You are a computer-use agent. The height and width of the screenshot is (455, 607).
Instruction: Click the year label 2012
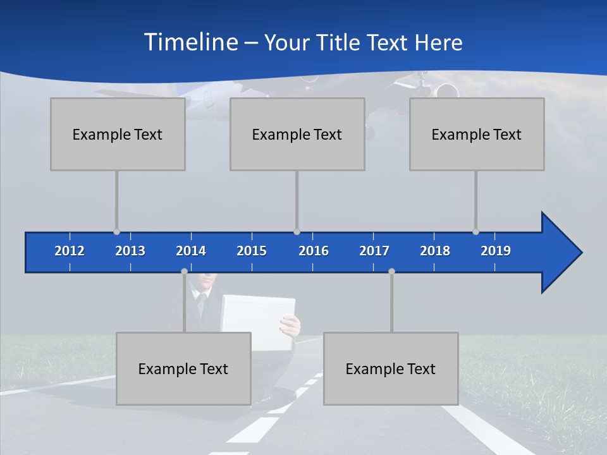click(70, 251)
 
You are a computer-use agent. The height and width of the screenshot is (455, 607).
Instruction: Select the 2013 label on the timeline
click(130, 251)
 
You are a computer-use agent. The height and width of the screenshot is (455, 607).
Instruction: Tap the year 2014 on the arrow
click(191, 251)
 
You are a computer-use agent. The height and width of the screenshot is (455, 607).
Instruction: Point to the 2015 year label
click(252, 251)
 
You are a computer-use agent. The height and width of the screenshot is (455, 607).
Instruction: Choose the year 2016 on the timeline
click(314, 251)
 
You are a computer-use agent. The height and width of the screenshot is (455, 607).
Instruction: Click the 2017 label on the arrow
click(374, 251)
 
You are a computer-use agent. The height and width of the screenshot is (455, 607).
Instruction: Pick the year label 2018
click(435, 251)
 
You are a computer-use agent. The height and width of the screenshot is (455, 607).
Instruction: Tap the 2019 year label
click(496, 251)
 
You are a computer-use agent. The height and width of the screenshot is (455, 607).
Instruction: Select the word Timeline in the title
click(190, 42)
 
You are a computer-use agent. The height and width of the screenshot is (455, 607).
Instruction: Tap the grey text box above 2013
click(118, 134)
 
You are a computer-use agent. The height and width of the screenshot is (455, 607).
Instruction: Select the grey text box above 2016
click(297, 134)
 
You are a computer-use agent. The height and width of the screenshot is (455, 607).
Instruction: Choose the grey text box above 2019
click(477, 134)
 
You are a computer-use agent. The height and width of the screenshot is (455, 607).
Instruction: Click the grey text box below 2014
click(183, 368)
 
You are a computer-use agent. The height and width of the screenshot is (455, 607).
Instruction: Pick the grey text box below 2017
click(391, 368)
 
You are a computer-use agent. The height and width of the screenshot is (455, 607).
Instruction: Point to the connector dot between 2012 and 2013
click(116, 232)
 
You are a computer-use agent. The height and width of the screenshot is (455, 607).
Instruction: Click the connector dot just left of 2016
click(297, 232)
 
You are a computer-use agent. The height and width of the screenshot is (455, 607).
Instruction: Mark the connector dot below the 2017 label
click(391, 271)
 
